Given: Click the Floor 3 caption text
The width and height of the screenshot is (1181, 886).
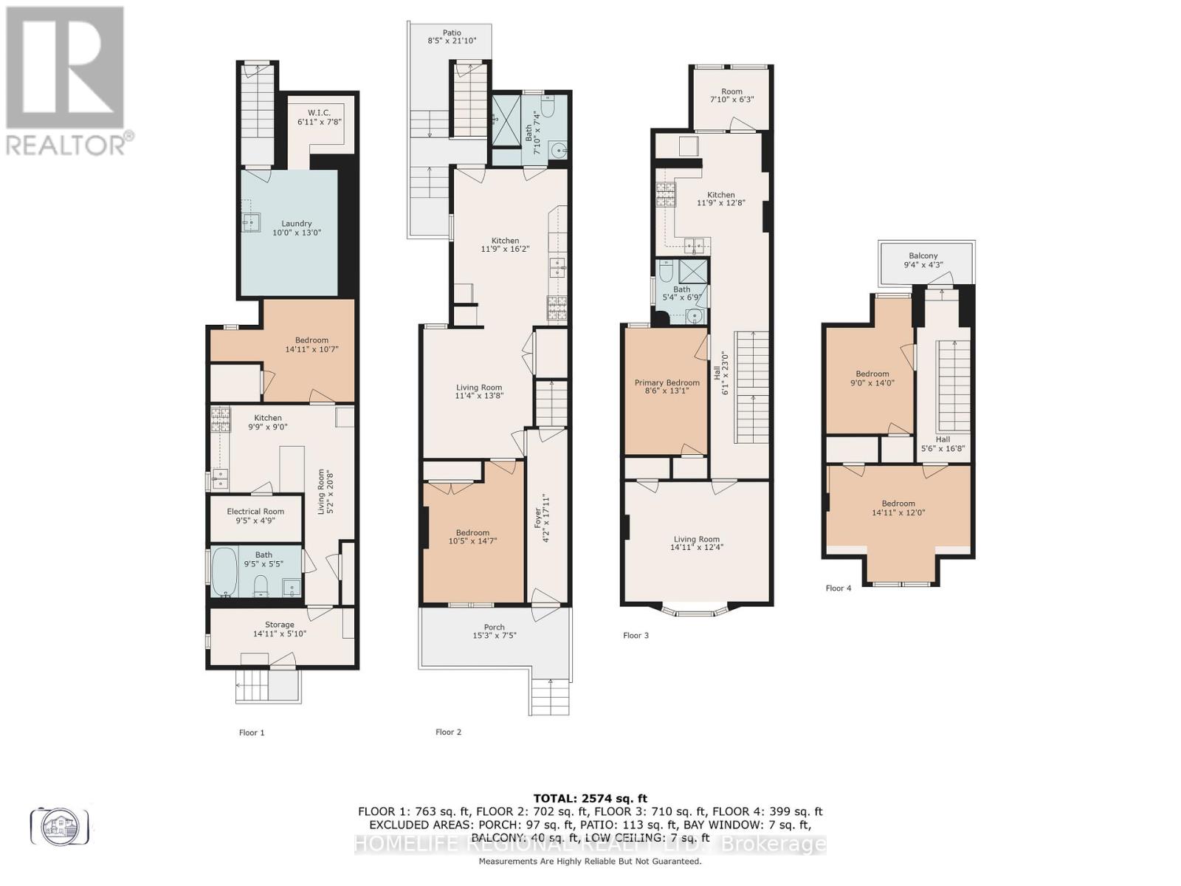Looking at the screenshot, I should click(636, 635).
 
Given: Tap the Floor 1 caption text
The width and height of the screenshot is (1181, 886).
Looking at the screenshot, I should click(251, 732).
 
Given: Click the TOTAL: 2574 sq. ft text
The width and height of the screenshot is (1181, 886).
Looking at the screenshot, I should click(590, 798).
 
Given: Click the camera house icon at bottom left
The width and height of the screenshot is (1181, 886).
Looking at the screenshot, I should click(59, 826).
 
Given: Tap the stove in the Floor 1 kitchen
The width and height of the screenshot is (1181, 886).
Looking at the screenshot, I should click(220, 419).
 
